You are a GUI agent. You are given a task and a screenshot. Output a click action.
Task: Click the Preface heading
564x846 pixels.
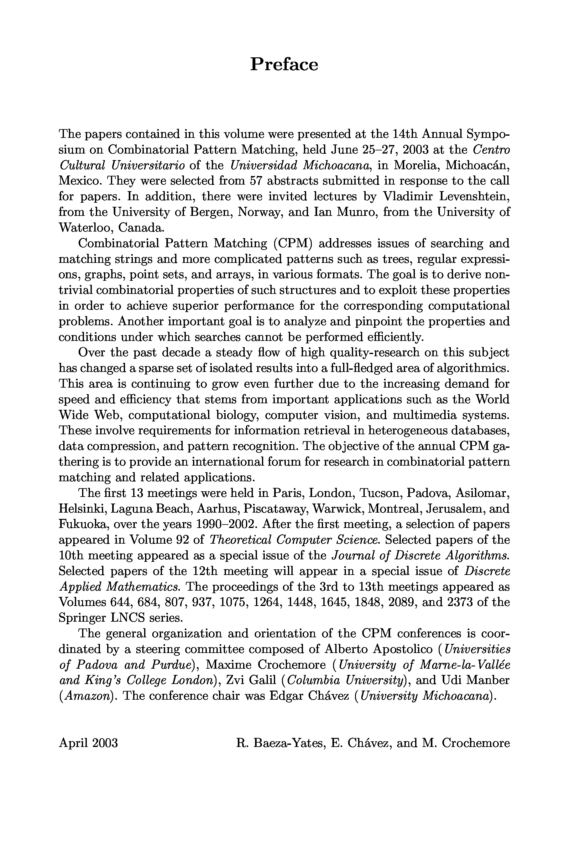[284, 65]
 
